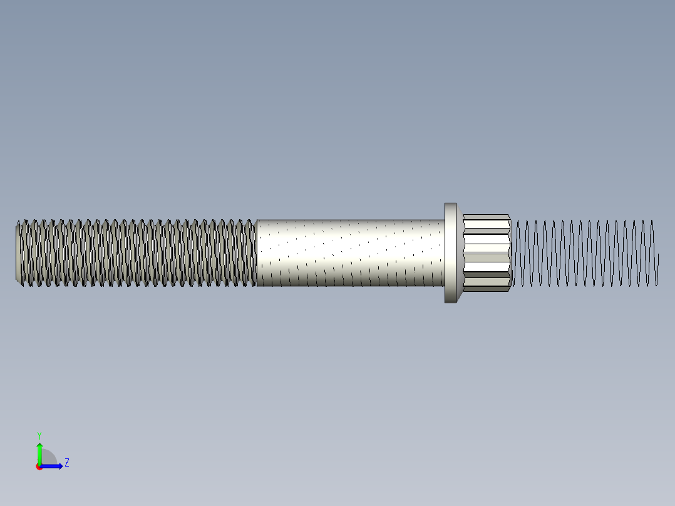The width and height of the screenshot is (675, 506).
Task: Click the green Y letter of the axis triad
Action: pyautogui.click(x=39, y=435)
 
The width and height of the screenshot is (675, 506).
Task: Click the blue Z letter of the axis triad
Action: pyautogui.click(x=66, y=463)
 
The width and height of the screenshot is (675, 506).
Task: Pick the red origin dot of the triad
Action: pyautogui.click(x=39, y=467)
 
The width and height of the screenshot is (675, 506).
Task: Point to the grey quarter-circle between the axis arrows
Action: pyautogui.click(x=48, y=458)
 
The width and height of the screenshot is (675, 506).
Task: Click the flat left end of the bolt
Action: pyautogui.click(x=18, y=253)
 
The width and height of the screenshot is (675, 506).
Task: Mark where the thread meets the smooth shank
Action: pyautogui.click(x=257, y=253)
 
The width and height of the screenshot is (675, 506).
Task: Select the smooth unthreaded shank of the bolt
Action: pyautogui.click(x=351, y=253)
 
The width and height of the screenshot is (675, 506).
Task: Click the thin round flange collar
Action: pyautogui.click(x=451, y=253)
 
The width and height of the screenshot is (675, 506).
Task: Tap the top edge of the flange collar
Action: pyautogui.click(x=451, y=204)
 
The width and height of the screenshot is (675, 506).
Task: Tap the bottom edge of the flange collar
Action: pyautogui.click(x=451, y=302)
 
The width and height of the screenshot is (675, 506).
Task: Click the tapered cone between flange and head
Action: pyautogui.click(x=461, y=253)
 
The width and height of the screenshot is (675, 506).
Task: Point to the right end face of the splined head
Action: pyautogui.click(x=510, y=253)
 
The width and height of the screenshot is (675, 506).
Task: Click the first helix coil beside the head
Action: pyautogui.click(x=517, y=253)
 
